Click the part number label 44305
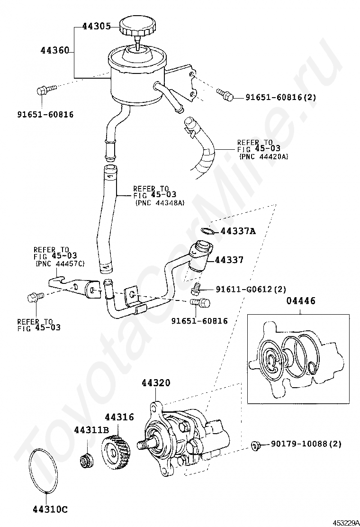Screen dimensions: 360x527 tap(97, 27)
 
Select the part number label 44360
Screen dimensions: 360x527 tap(55, 50)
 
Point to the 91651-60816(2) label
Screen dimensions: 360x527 tap(281, 98)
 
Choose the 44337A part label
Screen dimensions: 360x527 tap(238, 231)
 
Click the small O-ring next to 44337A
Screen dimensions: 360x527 tap(207, 231)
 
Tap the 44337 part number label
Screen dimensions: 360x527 tap(229, 259)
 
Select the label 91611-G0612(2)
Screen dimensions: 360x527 tap(251, 289)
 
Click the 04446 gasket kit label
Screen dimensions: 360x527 tap(301, 300)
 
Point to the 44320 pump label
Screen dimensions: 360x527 tap(156, 382)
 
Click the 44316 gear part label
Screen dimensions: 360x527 tap(119, 417)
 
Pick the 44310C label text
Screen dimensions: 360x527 tap(50, 509)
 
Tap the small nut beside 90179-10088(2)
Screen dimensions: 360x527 tap(255, 445)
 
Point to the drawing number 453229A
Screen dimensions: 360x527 tap(346, 523)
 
